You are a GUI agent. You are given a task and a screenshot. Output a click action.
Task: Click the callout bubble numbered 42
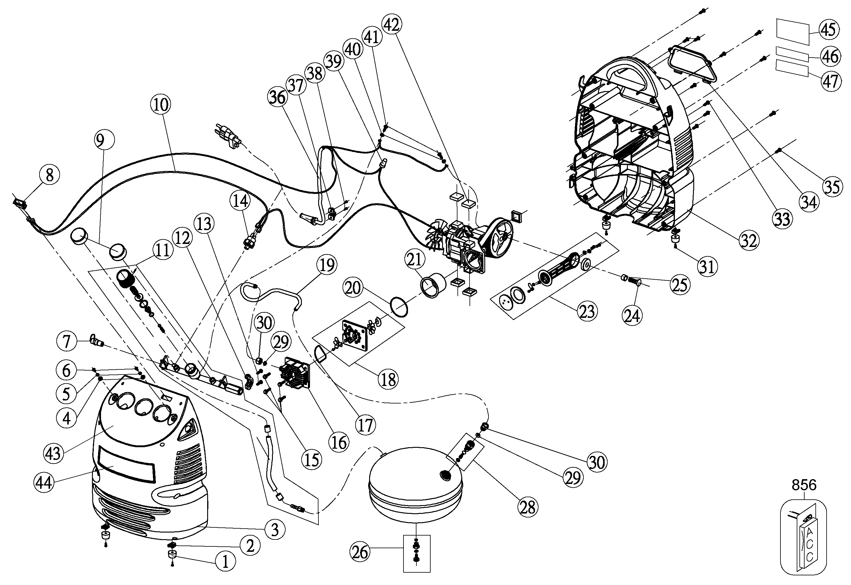point(392,25)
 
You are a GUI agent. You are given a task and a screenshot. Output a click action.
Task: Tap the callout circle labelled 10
point(161,104)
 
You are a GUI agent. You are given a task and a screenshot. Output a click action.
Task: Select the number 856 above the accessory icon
point(804,485)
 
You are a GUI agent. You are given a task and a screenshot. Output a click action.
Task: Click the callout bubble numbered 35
point(832,187)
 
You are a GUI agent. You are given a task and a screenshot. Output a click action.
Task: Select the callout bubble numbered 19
point(327,265)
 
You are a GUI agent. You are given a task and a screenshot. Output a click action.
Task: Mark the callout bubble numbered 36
point(277,97)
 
